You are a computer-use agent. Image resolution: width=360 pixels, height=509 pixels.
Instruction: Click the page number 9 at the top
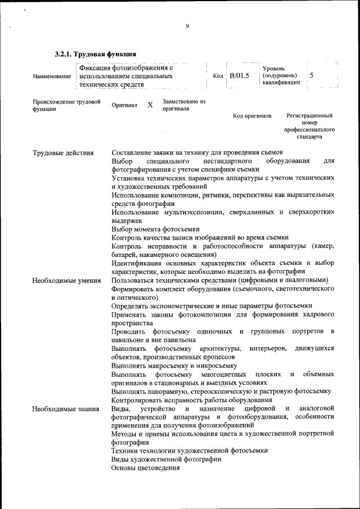tap(187, 25)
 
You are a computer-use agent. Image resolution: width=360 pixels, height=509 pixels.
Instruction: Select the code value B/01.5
tap(238, 76)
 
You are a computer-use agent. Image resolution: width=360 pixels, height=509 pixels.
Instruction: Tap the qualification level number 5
tap(312, 75)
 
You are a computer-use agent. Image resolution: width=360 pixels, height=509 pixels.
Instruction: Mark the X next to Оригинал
tap(150, 105)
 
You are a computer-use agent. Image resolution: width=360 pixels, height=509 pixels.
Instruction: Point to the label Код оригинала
tap(252, 116)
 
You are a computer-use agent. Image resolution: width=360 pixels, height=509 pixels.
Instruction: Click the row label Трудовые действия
tap(63, 153)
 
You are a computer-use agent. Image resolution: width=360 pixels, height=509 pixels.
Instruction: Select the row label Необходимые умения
tap(66, 280)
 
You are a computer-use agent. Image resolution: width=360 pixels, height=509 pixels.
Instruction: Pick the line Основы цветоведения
tap(145, 467)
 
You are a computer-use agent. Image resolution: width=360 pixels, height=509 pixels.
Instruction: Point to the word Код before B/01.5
tap(218, 76)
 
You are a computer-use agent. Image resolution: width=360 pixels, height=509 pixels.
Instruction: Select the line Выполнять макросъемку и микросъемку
tap(174, 365)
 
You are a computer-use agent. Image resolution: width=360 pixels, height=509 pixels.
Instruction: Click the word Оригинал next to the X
tap(124, 105)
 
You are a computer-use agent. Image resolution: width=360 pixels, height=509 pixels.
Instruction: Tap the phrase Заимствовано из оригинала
tap(183, 105)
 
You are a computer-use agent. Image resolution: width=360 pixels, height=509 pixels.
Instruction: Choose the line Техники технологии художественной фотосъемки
tap(189, 451)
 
